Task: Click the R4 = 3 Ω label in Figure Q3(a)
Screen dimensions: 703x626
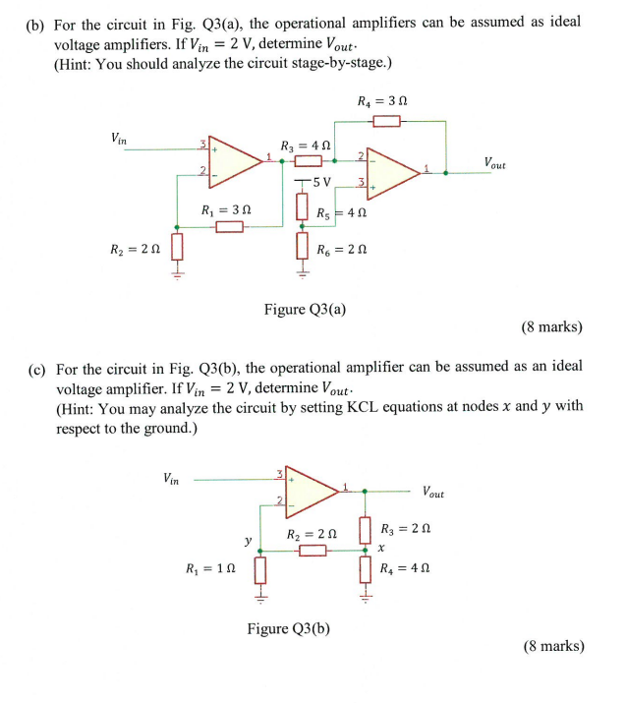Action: [382, 100]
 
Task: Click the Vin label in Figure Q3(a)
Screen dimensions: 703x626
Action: [118, 139]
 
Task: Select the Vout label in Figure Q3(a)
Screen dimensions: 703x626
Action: [494, 162]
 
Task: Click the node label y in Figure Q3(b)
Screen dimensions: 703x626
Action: [248, 540]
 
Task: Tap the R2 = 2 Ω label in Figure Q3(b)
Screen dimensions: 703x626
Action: [312, 535]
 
